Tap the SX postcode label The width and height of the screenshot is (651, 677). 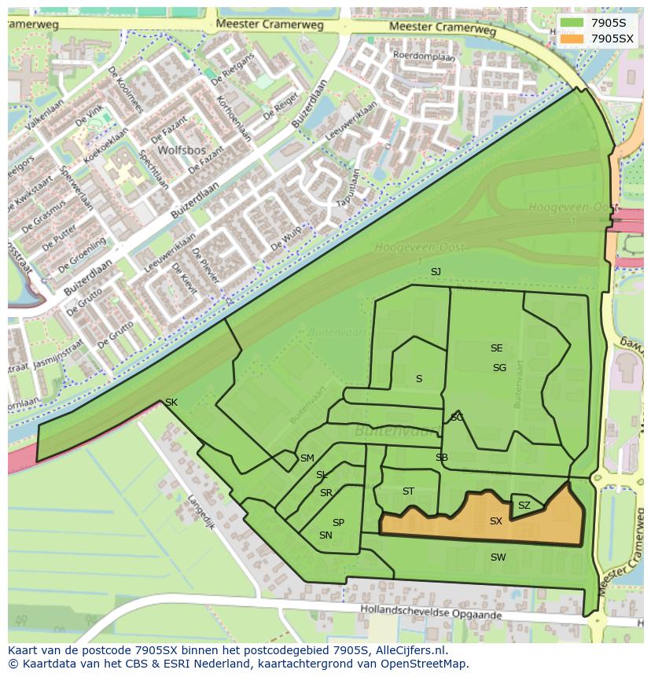pyautogui.click(x=495, y=521)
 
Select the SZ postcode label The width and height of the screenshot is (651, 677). pyautogui.click(x=524, y=506)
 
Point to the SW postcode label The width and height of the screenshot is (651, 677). pyautogui.click(x=498, y=557)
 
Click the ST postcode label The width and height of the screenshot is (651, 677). pyautogui.click(x=408, y=491)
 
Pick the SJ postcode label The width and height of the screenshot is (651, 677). pyautogui.click(x=436, y=272)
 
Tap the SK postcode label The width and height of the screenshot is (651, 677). pyautogui.click(x=171, y=403)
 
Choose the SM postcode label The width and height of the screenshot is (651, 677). pyautogui.click(x=307, y=458)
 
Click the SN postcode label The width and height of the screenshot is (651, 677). pyautogui.click(x=325, y=535)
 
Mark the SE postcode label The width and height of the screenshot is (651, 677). pyautogui.click(x=496, y=348)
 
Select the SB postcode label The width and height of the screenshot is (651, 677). pyautogui.click(x=442, y=458)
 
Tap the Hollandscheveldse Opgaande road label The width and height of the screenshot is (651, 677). pyautogui.click(x=430, y=612)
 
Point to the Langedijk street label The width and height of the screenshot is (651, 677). pyautogui.click(x=200, y=511)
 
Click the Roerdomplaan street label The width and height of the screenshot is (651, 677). pyautogui.click(x=424, y=56)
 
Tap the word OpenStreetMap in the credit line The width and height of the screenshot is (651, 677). pyautogui.click(x=424, y=664)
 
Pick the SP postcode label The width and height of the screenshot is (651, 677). pyautogui.click(x=338, y=523)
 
